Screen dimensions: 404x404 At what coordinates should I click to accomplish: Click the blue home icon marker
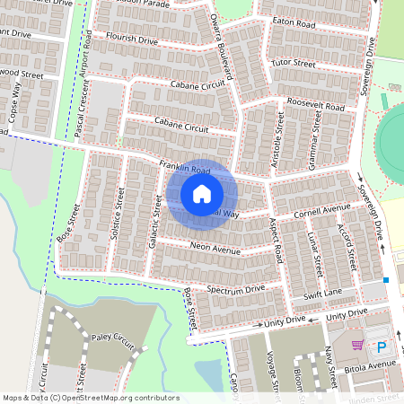click(x=202, y=194)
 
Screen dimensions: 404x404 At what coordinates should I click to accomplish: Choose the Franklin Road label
click(x=184, y=167)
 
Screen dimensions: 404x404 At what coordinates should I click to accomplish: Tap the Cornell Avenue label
click(x=322, y=212)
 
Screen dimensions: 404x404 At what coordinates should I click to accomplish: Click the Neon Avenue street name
click(x=215, y=249)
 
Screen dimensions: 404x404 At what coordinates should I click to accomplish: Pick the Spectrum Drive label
click(x=236, y=289)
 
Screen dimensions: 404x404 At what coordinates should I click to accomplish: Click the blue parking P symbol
click(x=382, y=347)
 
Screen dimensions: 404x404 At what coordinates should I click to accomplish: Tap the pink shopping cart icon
click(x=357, y=346)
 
